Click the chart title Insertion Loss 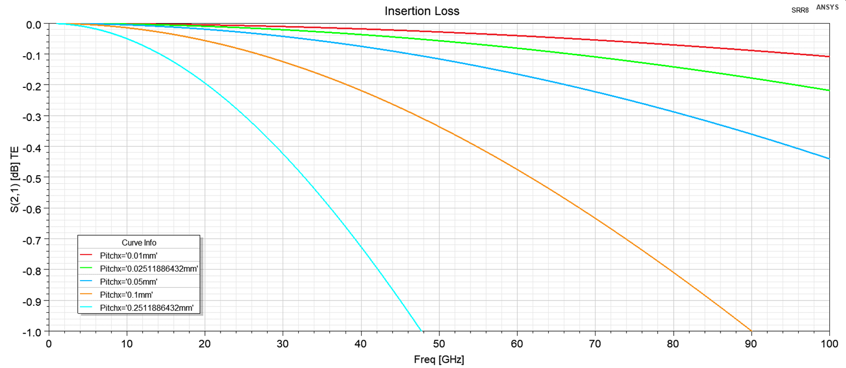coord(422,11)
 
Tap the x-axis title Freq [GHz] coord(439,359)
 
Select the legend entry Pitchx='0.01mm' coord(128,256)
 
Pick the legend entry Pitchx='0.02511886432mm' coord(149,268)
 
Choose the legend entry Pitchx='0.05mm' coord(128,282)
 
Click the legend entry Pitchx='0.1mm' coord(126,295)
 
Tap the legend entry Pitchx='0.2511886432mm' coord(146,308)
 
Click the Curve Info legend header coord(139,243)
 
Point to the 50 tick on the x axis coord(439,344)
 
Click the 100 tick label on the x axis coord(829,344)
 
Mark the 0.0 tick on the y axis coord(34,25)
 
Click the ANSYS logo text coord(827,7)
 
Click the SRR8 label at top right coord(800,10)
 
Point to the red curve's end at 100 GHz coord(829,56)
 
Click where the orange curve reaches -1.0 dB coord(751,331)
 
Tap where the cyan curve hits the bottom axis coord(421,331)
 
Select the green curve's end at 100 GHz coord(829,90)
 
